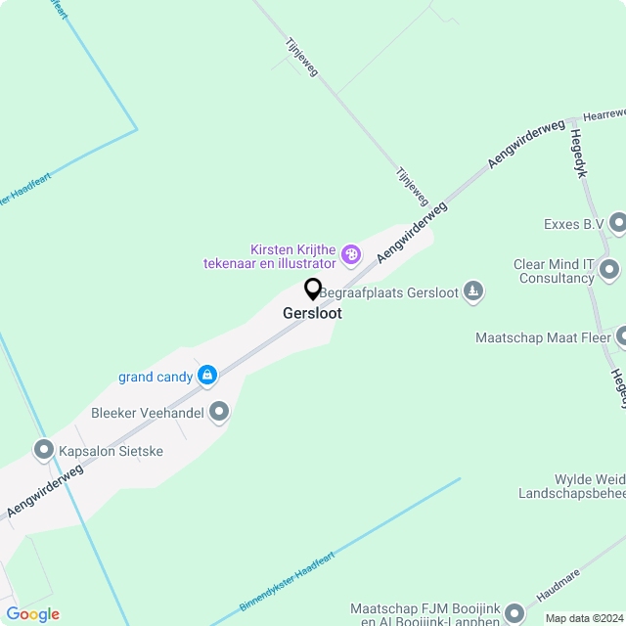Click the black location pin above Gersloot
313,290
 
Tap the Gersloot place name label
313,314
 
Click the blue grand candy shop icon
207,376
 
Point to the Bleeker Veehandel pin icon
220,413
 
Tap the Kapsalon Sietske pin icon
44,451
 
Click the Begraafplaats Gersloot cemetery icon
473,291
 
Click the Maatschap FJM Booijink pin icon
515,613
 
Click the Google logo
32,614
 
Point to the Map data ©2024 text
584,618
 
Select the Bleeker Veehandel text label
147,413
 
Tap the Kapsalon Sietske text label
112,451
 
